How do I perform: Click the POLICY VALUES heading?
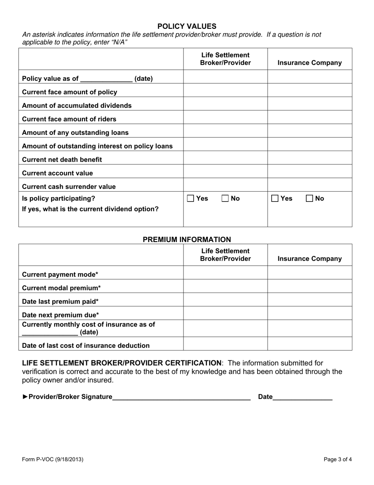click(187, 26)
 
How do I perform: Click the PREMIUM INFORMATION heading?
click(187, 239)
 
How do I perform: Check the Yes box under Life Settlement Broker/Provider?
click(191, 199)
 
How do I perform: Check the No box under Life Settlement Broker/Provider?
click(225, 199)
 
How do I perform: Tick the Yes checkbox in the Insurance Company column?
click(275, 199)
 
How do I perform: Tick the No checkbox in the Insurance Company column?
click(310, 199)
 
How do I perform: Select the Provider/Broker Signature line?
click(181, 397)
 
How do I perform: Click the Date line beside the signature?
click(302, 397)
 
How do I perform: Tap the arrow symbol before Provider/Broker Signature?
click(25, 397)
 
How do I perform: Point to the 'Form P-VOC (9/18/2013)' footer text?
click(52, 459)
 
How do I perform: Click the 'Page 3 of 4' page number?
click(337, 459)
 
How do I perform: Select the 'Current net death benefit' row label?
click(62, 160)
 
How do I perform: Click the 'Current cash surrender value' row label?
click(69, 187)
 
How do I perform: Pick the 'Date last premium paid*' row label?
click(60, 302)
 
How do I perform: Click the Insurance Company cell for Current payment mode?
click(310, 273)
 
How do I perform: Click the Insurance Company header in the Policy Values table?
click(310, 63)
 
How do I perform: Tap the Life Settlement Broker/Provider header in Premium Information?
click(226, 255)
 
